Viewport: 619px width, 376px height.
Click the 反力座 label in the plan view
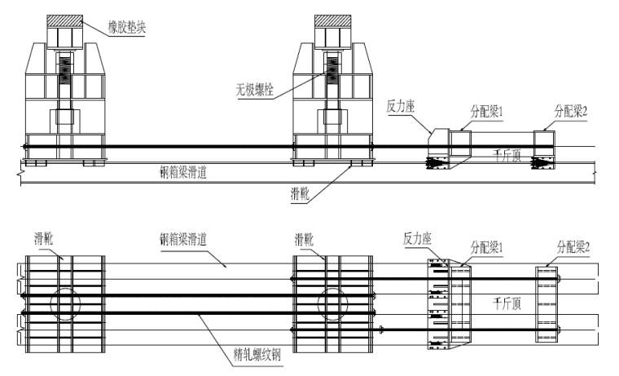click(x=416, y=239)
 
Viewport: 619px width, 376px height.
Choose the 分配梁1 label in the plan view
click(x=486, y=245)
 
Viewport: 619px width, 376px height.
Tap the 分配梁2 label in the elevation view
click(x=571, y=107)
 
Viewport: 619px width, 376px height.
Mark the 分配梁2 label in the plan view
click(x=573, y=245)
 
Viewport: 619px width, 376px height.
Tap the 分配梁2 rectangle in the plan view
click(x=547, y=303)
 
